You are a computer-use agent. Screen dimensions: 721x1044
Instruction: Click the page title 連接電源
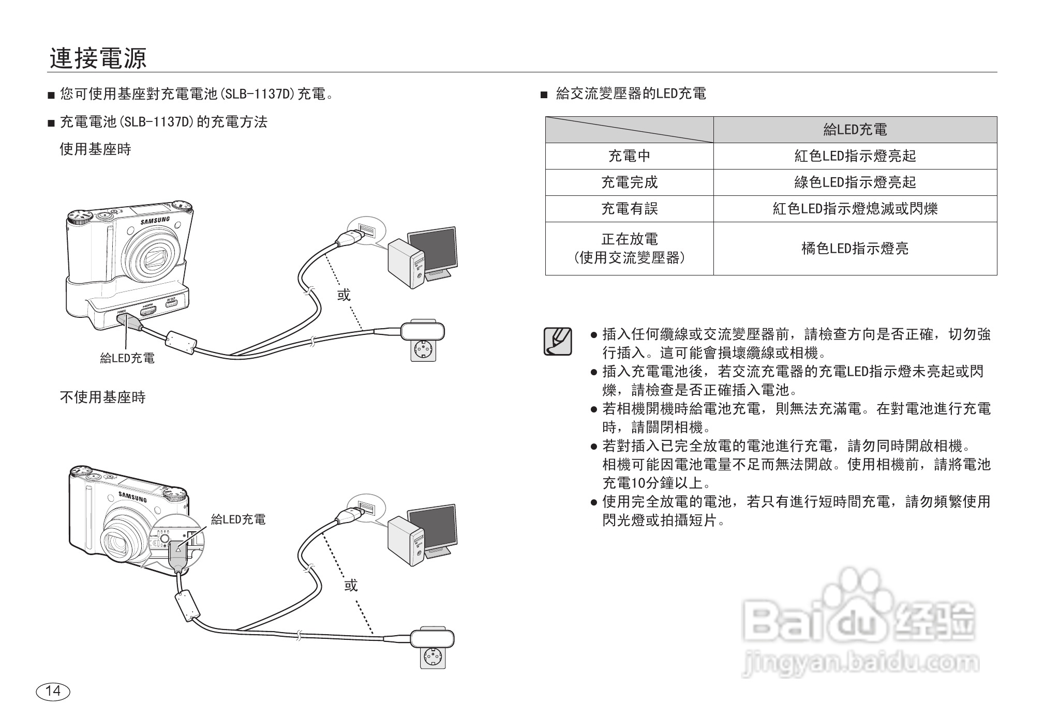pos(98,58)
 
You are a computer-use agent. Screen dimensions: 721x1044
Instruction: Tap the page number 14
pos(53,691)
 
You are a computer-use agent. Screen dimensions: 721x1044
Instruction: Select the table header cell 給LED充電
pos(855,130)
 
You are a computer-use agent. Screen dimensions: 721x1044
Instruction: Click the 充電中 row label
pos(629,156)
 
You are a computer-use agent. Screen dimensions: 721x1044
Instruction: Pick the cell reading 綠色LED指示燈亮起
pos(855,182)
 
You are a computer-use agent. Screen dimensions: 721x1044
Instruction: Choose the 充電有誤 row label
pos(629,209)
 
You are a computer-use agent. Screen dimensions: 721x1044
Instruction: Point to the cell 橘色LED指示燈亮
pos(855,249)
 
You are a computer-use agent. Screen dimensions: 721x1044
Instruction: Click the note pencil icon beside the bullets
pos(558,341)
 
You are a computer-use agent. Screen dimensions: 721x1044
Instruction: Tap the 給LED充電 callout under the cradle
pos(127,358)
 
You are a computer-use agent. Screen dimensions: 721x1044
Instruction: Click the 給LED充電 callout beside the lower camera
pos(238,519)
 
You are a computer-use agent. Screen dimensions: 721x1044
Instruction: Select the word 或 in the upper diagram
pos(344,295)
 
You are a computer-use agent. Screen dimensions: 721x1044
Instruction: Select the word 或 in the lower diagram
pos(351,585)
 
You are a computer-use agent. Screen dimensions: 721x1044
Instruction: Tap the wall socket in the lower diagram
pos(432,656)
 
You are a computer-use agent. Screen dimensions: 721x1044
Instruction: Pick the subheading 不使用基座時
pos(103,397)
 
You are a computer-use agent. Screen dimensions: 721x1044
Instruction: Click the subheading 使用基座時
pos(96,149)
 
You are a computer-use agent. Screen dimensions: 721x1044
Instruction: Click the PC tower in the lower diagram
pos(406,541)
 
